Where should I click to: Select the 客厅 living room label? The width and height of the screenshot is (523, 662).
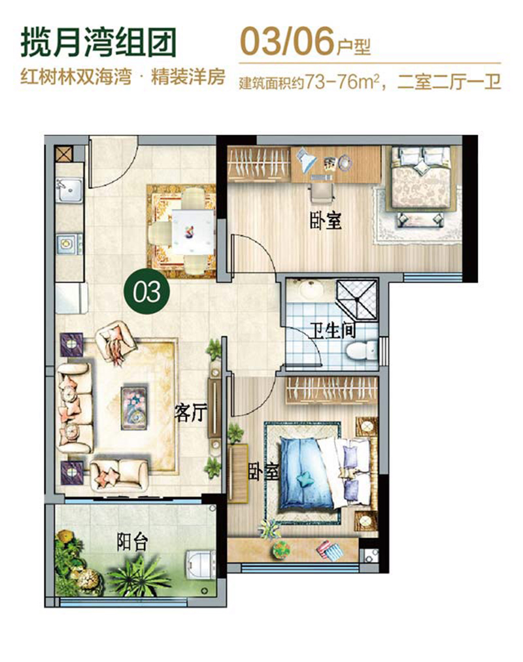[190, 412]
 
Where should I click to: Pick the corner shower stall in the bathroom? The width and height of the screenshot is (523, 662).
[356, 299]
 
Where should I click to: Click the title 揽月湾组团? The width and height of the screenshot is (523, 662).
[98, 42]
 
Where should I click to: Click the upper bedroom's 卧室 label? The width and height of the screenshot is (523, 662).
[326, 222]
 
